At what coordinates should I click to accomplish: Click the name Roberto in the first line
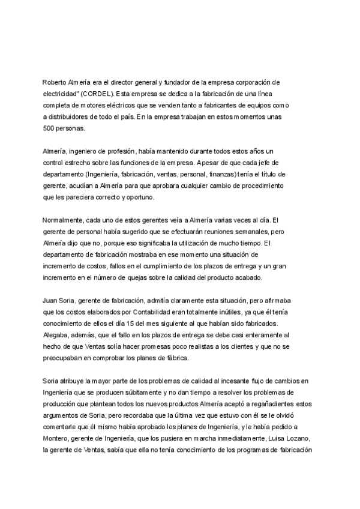(x=55, y=81)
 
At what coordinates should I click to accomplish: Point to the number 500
(x=50, y=128)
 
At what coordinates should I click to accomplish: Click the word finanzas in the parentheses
(x=215, y=174)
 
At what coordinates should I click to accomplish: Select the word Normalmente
(x=66, y=220)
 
